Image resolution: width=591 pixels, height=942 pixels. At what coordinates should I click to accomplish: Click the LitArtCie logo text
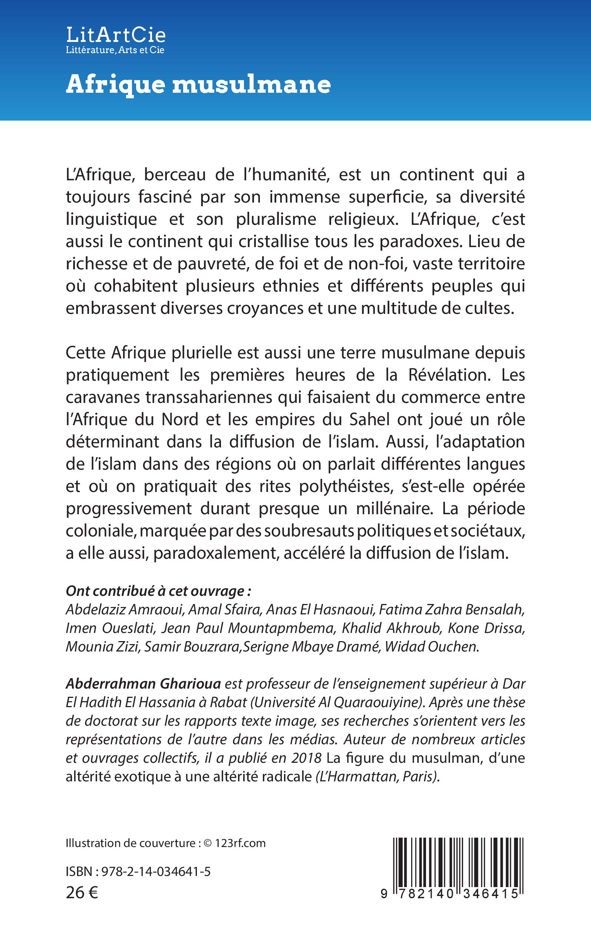point(116,35)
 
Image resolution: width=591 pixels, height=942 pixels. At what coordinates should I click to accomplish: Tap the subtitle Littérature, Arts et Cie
point(115,50)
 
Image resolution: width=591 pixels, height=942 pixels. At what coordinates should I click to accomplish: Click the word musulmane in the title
point(251,84)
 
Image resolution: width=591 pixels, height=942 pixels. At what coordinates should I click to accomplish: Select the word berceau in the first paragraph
point(174,174)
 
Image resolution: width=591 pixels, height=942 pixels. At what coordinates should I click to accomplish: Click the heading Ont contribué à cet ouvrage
point(158,591)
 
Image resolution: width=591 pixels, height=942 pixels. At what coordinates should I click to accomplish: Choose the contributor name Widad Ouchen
point(431,646)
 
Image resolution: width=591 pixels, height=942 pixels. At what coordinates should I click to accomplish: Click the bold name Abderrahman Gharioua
point(143,684)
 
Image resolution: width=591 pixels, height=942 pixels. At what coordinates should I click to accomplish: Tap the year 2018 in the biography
point(306,758)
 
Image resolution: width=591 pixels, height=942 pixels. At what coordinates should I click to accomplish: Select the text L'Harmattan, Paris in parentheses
point(377,777)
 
